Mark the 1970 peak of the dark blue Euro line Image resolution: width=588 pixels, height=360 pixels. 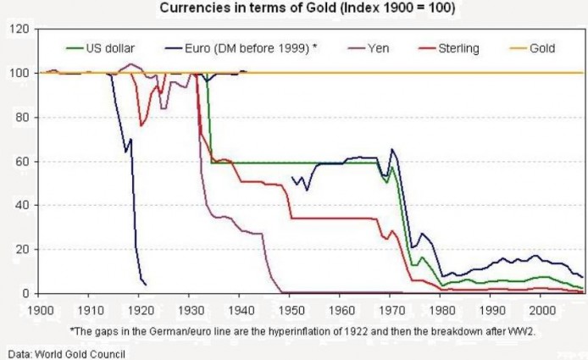point(391,150)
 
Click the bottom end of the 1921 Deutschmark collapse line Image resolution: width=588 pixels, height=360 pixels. point(146,284)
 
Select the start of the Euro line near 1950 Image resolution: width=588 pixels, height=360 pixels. point(291,178)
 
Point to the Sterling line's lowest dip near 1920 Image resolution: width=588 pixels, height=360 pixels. point(141,125)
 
